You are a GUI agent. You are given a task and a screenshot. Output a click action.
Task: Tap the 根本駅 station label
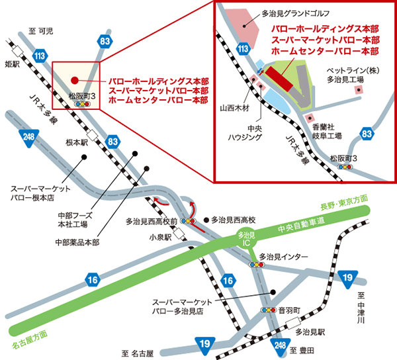pos(76,142)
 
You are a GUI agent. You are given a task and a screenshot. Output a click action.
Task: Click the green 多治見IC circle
pos(245,239)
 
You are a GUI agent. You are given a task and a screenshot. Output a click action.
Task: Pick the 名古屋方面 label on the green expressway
pos(30,339)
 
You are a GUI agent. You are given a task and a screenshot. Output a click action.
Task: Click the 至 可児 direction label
pos(40,31)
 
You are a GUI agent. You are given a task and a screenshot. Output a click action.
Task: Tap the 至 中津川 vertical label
pos(361,308)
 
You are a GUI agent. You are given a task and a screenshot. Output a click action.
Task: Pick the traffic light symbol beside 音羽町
pos(268,310)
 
